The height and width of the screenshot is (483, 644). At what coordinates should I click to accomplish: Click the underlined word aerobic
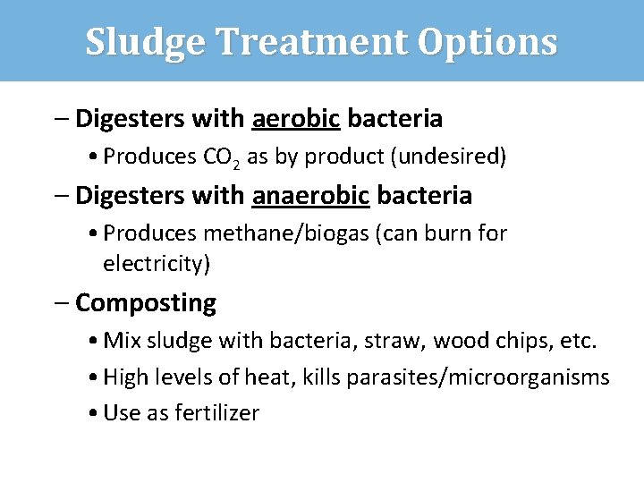tap(295, 118)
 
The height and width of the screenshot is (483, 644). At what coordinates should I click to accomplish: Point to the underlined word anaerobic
tap(310, 195)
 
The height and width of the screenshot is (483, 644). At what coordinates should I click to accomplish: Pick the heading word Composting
tap(146, 303)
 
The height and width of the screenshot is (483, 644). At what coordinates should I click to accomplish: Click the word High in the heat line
tap(123, 377)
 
